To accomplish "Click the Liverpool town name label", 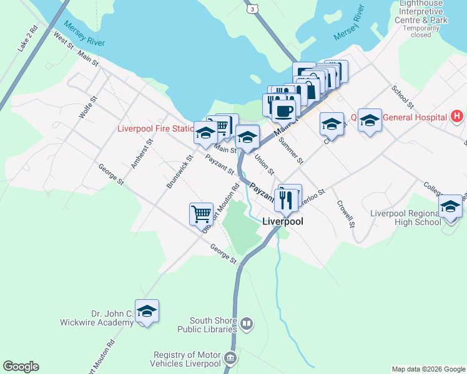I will click(x=282, y=221).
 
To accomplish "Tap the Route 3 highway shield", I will click(x=251, y=9).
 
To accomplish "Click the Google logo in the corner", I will click(x=21, y=367).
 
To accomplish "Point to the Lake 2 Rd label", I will click(x=27, y=39).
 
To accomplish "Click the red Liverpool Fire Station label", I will click(x=156, y=129).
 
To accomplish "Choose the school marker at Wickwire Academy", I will click(x=147, y=311).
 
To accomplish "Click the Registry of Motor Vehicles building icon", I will click(x=230, y=358).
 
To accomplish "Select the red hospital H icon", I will click(x=458, y=117).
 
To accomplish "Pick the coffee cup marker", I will click(x=283, y=110).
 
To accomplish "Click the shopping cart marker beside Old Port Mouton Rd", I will click(x=201, y=214).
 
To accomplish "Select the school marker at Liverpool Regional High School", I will click(x=450, y=206).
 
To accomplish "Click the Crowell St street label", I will click(x=345, y=214).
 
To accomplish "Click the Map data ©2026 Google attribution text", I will click(x=428, y=369).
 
